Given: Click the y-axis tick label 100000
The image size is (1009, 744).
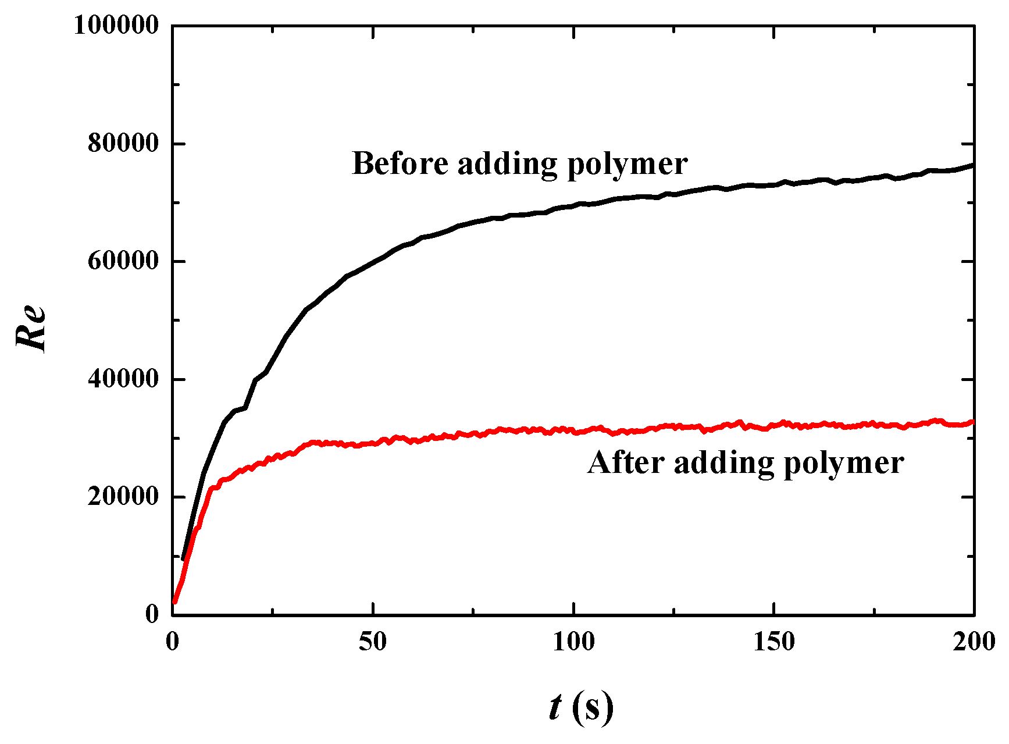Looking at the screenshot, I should point(116,26).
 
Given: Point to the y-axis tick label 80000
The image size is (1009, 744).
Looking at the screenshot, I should point(123,143).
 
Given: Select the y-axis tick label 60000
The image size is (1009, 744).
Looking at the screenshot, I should point(123,261).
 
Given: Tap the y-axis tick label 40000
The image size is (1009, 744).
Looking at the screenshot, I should point(123,379).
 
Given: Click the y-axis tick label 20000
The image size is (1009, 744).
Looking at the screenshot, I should point(123,497).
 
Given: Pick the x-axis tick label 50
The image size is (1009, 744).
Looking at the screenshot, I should point(373,642).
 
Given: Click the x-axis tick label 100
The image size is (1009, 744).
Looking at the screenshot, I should point(573,642).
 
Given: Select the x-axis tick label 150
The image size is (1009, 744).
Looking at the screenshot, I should point(774,642).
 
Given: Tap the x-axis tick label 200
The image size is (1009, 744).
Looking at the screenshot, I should point(974,642).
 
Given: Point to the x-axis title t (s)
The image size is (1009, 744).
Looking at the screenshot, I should point(581,707).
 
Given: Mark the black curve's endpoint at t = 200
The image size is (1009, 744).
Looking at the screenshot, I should point(973,166).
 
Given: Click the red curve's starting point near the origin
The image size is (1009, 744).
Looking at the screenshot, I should point(174,602).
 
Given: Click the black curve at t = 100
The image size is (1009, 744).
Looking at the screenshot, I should point(573,206).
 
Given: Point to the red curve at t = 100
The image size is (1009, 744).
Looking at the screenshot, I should point(573,432).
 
